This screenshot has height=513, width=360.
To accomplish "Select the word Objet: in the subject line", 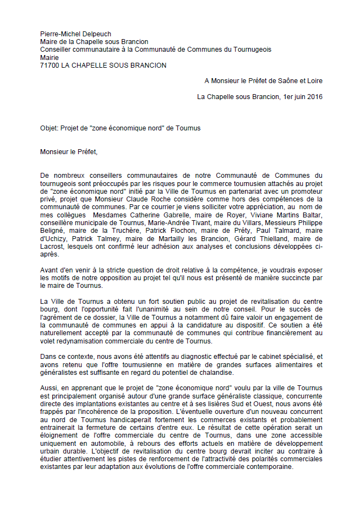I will pos(51,128).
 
